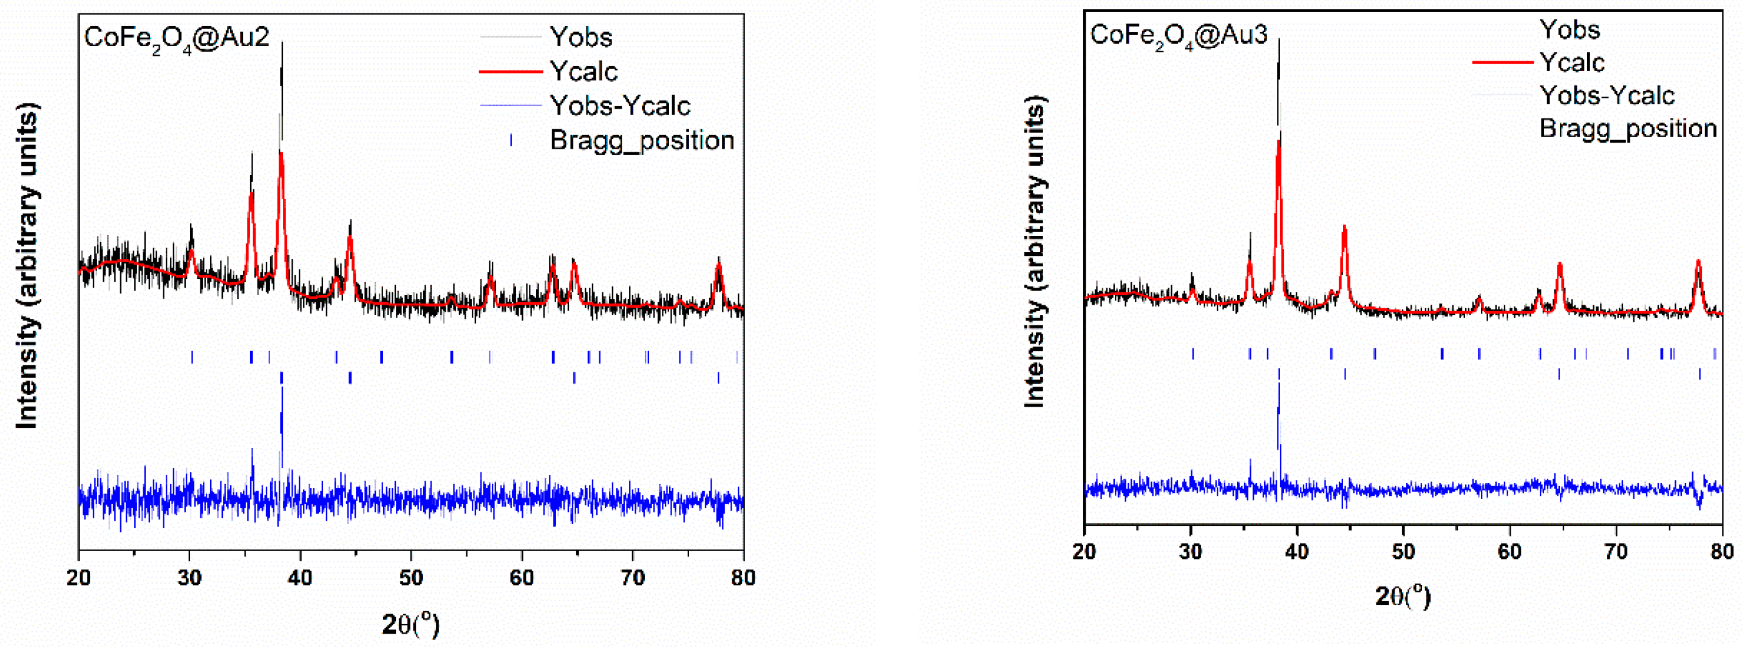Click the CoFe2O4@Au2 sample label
(x=177, y=38)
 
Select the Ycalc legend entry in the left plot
(x=583, y=71)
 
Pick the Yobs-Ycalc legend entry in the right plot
(x=1607, y=95)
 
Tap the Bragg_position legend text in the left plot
(x=642, y=140)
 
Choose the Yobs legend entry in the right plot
(x=1570, y=30)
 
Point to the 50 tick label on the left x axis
(x=411, y=577)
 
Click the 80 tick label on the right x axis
(x=1722, y=552)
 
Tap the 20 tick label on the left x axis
(x=79, y=577)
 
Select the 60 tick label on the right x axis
(x=1509, y=552)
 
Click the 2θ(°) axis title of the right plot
(x=1403, y=595)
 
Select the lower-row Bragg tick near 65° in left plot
(x=574, y=378)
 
